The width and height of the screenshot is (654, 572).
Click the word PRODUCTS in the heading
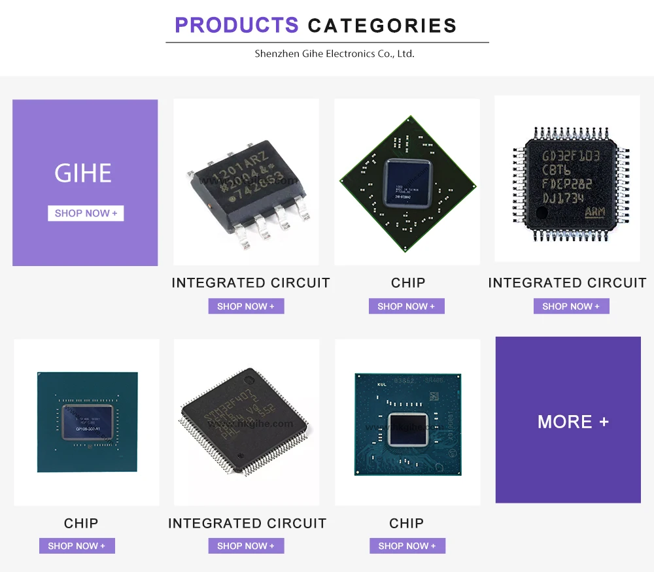236,25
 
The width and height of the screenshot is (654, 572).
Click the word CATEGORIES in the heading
382,26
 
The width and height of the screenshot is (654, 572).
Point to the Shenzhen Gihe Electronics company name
334,54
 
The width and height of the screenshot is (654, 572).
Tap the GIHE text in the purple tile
83,173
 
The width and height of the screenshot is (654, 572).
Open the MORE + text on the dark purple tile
573,422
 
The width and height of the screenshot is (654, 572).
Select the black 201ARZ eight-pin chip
247,186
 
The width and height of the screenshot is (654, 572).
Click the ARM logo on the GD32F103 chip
594,212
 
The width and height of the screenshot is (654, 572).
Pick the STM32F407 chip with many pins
243,420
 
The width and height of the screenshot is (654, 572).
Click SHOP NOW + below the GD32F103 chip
571,306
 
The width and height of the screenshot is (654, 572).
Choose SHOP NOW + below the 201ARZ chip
246,306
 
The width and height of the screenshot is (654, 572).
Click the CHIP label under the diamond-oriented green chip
408,282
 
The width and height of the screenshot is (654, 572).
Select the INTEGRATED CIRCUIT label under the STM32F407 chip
247,523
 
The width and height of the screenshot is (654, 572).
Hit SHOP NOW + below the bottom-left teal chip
77,546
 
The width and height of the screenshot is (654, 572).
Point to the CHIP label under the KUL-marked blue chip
406,523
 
